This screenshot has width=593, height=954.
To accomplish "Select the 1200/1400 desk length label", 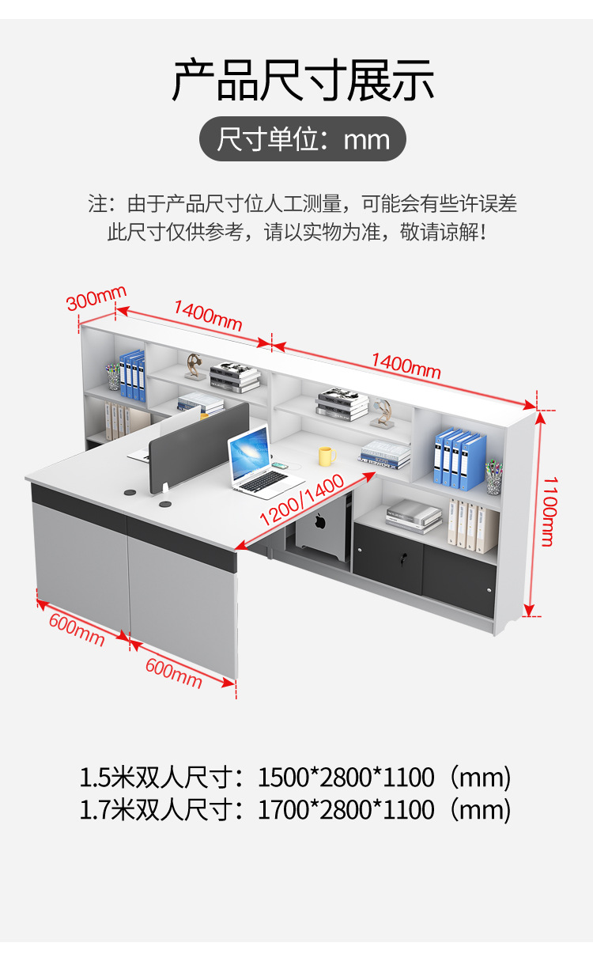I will [301, 501].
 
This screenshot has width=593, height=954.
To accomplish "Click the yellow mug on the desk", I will [327, 456].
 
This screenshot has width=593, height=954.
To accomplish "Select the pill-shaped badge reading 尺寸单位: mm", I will [302, 139].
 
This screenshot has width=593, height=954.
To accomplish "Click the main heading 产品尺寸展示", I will [303, 81].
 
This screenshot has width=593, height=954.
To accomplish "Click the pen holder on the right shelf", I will [493, 478].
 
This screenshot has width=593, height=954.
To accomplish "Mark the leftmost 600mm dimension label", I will [77, 630].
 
